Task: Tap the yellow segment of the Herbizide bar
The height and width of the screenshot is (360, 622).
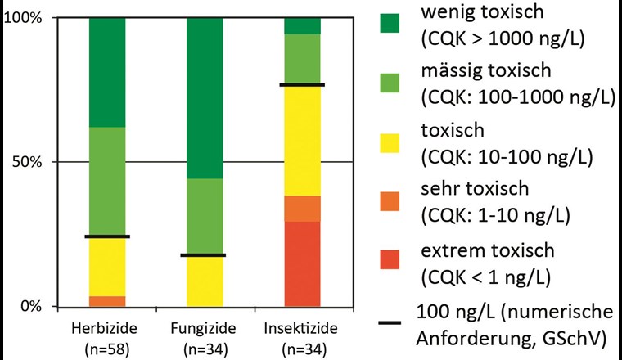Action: [107, 266]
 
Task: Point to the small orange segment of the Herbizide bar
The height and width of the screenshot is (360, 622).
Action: [107, 301]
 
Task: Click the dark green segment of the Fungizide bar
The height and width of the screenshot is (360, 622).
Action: [205, 97]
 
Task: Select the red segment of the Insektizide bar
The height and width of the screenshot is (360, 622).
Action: [302, 264]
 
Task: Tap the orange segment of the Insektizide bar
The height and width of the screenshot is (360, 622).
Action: [302, 209]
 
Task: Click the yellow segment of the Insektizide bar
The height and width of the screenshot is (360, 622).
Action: [302, 140]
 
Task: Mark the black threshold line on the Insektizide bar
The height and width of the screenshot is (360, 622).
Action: [302, 84]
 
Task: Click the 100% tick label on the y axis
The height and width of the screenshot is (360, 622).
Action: [25, 18]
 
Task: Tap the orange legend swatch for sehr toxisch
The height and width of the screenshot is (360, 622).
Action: [396, 200]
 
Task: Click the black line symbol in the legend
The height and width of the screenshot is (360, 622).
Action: [396, 323]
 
